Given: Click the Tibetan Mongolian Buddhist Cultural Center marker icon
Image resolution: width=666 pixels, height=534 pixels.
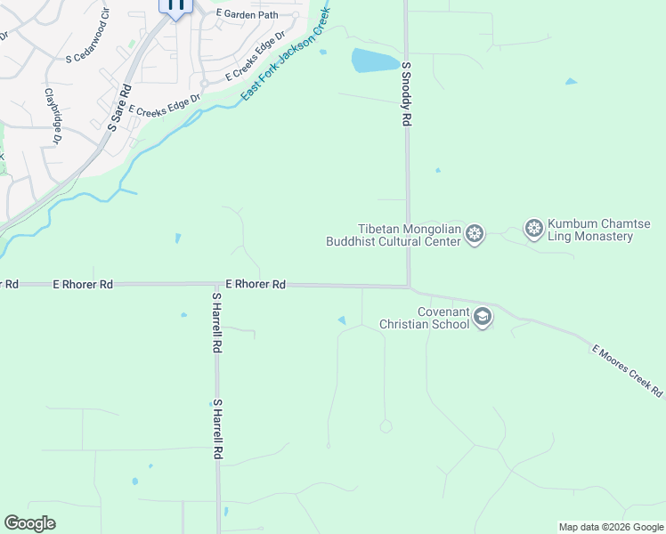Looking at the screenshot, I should [x=475, y=234].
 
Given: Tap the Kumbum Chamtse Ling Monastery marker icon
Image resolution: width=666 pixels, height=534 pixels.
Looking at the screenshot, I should [x=534, y=229].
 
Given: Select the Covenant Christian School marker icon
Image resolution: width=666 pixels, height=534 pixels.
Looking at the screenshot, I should [x=483, y=318].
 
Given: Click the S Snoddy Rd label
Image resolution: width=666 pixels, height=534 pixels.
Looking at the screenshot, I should [x=406, y=93].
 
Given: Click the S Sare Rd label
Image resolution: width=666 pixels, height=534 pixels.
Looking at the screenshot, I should [x=119, y=108].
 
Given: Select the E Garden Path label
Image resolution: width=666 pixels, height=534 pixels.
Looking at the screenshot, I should [x=247, y=15].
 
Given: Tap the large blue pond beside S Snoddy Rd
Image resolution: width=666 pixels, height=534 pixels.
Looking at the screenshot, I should [x=375, y=61].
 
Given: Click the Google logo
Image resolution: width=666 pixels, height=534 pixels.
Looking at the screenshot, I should [x=29, y=523].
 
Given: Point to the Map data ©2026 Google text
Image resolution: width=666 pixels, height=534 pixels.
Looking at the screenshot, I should [x=611, y=527].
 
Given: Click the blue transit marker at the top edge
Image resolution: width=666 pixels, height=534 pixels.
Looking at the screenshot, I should [x=175, y=6].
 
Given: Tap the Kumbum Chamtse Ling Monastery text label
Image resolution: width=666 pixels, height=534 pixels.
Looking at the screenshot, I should [x=590, y=231].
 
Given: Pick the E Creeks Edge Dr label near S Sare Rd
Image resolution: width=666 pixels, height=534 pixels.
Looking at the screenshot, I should [x=164, y=108].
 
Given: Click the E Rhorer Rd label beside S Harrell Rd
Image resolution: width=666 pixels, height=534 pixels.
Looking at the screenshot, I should [x=256, y=284].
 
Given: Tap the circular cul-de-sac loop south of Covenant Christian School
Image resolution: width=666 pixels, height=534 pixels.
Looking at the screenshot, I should [x=386, y=427].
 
